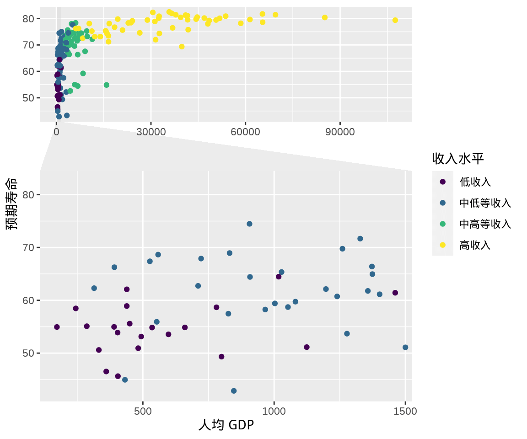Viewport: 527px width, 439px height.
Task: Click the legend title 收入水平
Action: pyautogui.click(x=457, y=158)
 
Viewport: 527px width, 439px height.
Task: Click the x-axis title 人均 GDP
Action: pyautogui.click(x=226, y=425)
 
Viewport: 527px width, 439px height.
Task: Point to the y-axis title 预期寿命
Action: pyautogui.click(x=12, y=204)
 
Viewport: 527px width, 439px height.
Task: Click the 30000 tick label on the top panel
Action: pyautogui.click(x=151, y=132)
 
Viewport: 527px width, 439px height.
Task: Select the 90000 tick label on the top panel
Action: pyautogui.click(x=340, y=132)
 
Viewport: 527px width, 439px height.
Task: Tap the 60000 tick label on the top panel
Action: pyautogui.click(x=245, y=132)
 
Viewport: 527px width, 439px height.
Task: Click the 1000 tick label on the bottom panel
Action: pyautogui.click(x=274, y=411)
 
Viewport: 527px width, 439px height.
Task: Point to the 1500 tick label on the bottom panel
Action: pyautogui.click(x=405, y=411)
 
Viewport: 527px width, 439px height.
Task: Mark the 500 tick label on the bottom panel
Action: pyautogui.click(x=143, y=411)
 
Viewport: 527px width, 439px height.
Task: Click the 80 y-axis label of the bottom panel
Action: pyautogui.click(x=28, y=195)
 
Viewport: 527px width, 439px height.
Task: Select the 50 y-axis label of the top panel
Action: pyautogui.click(x=28, y=98)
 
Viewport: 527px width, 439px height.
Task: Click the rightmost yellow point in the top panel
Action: pyautogui.click(x=395, y=20)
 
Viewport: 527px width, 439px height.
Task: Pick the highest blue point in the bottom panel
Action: pyautogui.click(x=249, y=224)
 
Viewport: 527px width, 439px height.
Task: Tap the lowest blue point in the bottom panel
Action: pyautogui.click(x=234, y=391)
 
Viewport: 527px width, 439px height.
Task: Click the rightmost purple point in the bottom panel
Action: pyautogui.click(x=395, y=293)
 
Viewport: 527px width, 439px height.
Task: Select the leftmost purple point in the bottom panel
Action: pyautogui.click(x=57, y=327)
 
